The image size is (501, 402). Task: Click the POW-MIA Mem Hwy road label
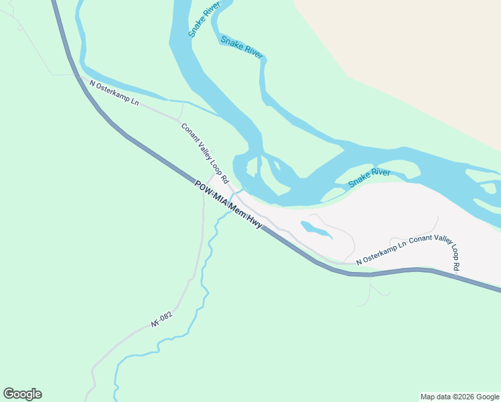coord(228,205)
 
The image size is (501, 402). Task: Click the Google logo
coord(22,394)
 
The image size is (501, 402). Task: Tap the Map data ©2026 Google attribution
coord(459,397)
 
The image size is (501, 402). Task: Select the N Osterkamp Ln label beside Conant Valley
coord(381,253)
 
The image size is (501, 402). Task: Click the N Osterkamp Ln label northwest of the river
coord(114,92)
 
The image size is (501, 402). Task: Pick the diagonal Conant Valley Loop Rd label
coord(204,153)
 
